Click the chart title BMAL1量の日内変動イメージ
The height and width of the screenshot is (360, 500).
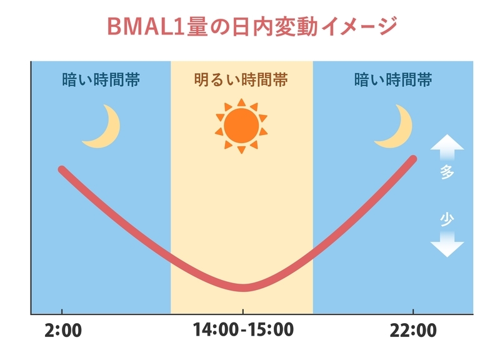tap(252, 26)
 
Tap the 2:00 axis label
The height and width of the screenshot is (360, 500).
tap(63, 331)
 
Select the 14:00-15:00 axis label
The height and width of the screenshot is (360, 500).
tap(243, 329)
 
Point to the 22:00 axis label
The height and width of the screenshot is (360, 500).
tap(413, 331)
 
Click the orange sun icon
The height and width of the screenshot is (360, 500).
tap(241, 126)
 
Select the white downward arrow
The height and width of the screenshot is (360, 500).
tap(447, 244)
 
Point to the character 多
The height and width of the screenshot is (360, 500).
tap(447, 172)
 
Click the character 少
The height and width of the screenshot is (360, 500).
tap(447, 219)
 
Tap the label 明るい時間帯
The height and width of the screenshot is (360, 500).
tap(241, 80)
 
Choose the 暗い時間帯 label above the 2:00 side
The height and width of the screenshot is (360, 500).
tap(101, 80)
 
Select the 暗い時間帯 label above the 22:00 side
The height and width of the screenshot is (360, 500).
tap(393, 80)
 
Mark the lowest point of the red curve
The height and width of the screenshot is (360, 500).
tap(244, 287)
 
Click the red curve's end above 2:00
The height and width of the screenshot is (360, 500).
tap(62, 169)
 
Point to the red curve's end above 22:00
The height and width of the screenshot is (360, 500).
tap(413, 159)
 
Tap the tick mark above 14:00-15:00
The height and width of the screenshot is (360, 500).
tap(243, 311)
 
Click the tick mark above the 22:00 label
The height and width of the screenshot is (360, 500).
tap(413, 311)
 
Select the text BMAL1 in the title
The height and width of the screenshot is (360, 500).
tap(146, 26)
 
